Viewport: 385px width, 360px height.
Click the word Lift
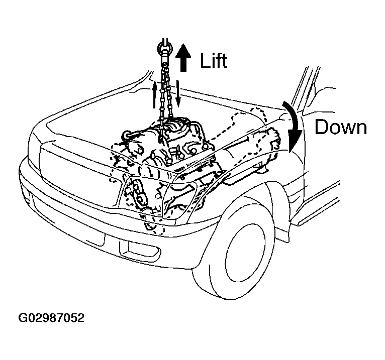tap(214, 60)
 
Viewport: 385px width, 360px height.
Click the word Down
tap(341, 127)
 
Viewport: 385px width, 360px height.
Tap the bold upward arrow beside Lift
tap(183, 58)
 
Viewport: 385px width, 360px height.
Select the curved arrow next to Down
tap(294, 127)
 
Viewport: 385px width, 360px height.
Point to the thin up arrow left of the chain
tap(154, 95)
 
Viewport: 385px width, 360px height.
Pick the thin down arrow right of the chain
tap(178, 94)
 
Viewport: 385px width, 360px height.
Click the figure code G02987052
tap(51, 318)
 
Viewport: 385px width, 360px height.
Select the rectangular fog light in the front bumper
tap(140, 251)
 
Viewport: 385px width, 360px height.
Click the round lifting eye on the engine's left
tap(127, 135)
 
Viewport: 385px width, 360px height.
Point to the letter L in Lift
tap(204, 60)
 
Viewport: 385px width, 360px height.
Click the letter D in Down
tap(322, 127)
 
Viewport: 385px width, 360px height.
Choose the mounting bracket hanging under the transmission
tap(260, 169)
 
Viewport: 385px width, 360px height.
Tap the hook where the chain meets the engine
tap(161, 139)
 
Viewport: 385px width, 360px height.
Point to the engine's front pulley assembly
tap(136, 194)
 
